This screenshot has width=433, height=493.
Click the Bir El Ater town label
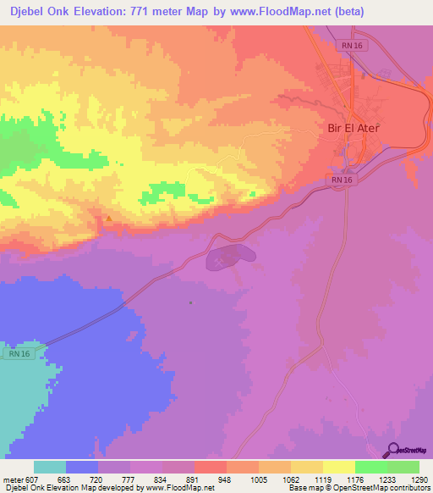354,129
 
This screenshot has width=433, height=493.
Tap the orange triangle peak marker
108,219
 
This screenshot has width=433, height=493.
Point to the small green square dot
191,302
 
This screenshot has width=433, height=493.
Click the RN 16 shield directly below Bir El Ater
342,180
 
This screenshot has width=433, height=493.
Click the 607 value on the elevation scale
32,479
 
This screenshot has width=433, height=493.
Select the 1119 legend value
321,479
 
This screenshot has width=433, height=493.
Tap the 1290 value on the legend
418,479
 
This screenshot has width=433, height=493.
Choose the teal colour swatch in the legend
50,467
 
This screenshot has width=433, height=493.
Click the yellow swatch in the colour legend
339,467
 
